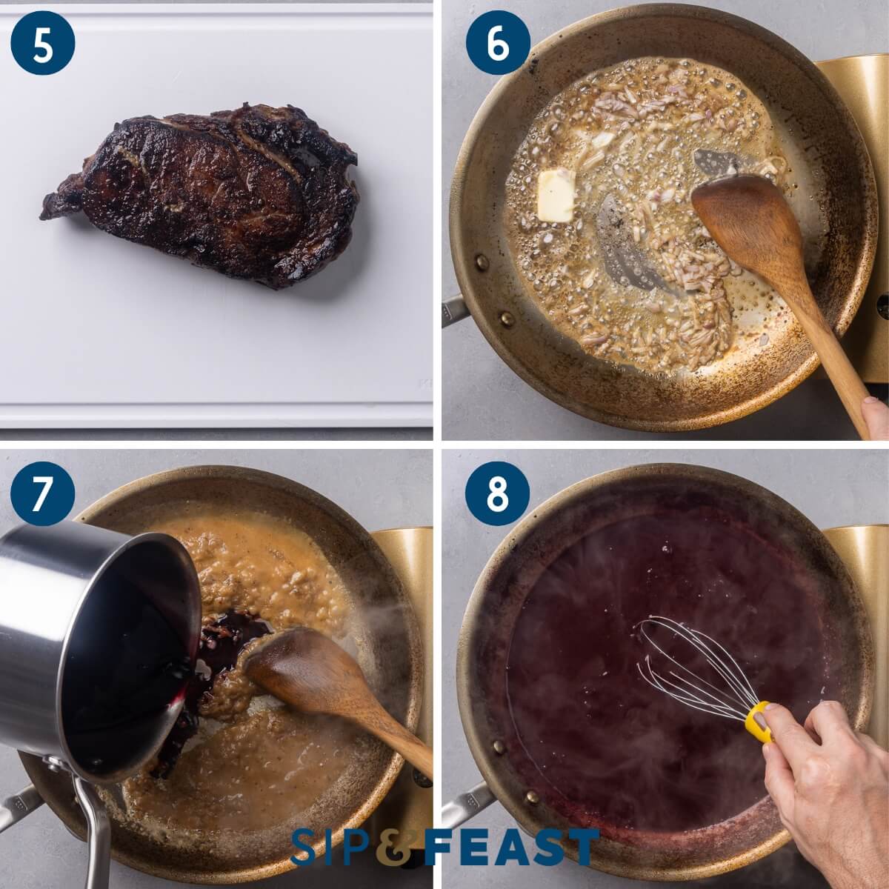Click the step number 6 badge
click(498, 44)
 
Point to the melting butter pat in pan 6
click(556, 195)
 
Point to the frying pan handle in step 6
click(453, 311)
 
